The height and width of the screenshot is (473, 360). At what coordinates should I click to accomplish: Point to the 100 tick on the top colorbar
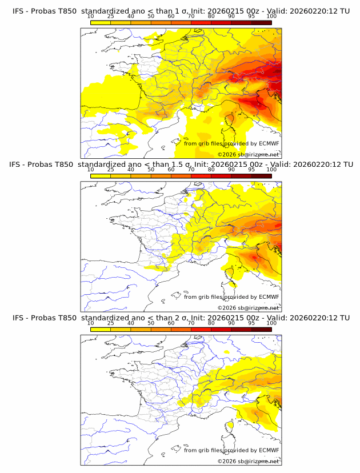pos(271,16)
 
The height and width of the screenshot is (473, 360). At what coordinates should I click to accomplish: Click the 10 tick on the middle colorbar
pos(90,170)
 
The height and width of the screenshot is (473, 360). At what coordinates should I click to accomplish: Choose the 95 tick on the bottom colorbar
pos(251,323)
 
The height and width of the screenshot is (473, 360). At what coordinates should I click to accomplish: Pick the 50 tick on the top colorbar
pos(151,16)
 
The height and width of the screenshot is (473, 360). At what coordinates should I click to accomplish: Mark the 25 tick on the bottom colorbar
pos(110,323)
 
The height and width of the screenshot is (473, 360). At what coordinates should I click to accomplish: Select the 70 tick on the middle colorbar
pos(191,170)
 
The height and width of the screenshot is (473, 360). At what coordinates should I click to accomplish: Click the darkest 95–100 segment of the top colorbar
pos(261,22)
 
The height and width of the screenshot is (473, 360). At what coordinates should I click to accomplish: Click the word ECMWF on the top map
pos(269,143)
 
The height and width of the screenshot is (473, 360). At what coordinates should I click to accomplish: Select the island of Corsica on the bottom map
pos(231,426)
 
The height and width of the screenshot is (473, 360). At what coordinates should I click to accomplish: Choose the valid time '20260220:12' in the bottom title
pos(317,318)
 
